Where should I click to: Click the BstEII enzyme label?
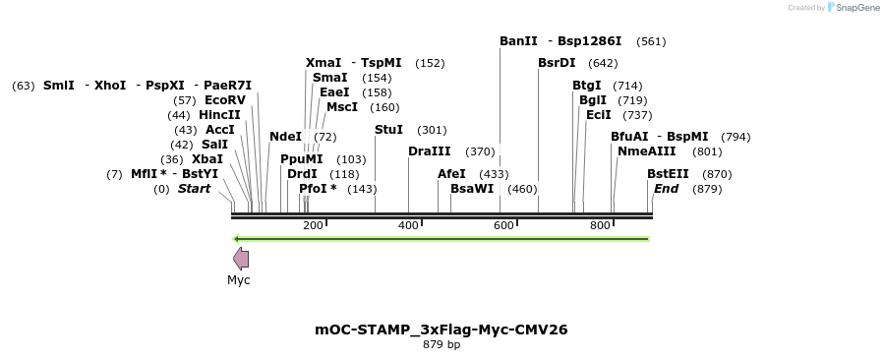tap(668, 174)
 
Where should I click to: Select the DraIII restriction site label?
tap(430, 151)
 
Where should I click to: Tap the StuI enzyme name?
tap(388, 130)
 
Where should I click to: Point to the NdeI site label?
tap(285, 137)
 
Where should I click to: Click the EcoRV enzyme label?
tap(225, 100)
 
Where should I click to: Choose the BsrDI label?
tap(557, 63)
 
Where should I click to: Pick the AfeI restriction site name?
tap(451, 174)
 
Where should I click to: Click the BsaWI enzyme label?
tap(472, 189)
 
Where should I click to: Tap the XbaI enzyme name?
tap(206, 159)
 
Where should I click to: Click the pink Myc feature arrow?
tap(240, 259)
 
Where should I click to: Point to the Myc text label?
tap(239, 280)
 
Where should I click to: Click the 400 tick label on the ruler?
tap(408, 226)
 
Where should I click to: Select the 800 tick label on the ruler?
tap(600, 226)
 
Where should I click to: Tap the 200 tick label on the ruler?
tap(313, 226)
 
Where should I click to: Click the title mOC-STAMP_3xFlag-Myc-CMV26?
tap(442, 330)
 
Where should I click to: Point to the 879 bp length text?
tap(442, 345)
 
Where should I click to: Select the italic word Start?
tap(194, 189)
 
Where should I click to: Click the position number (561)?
tap(651, 41)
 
